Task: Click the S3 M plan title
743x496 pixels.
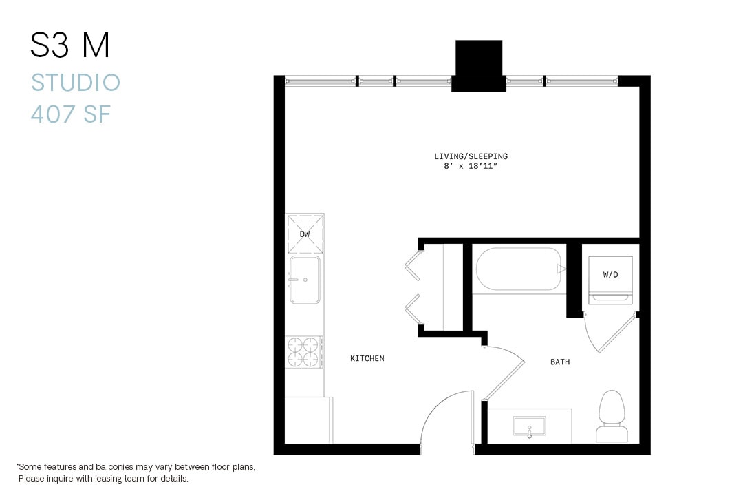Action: pos(70,46)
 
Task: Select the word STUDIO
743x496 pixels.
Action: pos(76,83)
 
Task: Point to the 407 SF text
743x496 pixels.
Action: pos(71,114)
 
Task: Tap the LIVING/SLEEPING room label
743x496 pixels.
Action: pos(471,156)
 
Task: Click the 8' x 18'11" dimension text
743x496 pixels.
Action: pos(471,167)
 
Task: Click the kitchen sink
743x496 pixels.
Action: pos(305,280)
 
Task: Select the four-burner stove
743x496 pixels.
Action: pos(305,352)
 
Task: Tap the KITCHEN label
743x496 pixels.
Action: pos(367,358)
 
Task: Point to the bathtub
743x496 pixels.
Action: pos(519,269)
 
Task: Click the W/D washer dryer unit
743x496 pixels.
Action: pos(610,280)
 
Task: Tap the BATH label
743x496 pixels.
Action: pos(559,362)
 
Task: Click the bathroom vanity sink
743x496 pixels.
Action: pos(529,426)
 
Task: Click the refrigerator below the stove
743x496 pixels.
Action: pos(308,420)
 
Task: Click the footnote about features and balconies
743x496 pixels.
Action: pos(136,473)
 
